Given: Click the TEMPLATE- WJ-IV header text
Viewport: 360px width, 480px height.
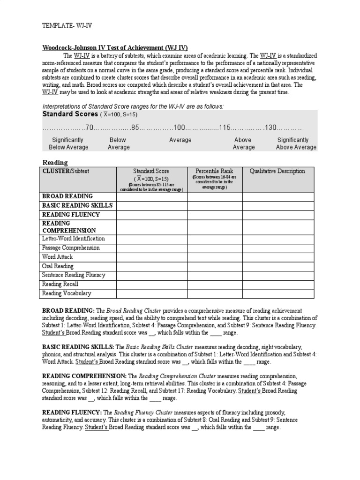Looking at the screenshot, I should [x=67, y=27].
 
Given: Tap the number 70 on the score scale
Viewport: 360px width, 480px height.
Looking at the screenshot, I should [x=90, y=127].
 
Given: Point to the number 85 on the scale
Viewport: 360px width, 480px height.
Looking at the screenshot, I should [x=135, y=127].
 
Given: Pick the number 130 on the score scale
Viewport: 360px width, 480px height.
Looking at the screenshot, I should [x=270, y=127].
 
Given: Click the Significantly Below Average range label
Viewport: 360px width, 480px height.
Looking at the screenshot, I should [x=68, y=143].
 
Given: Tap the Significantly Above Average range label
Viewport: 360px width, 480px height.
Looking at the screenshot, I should [x=296, y=143].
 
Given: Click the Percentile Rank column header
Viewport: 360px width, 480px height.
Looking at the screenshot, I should [x=214, y=171].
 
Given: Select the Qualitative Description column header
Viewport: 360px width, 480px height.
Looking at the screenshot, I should [x=277, y=171].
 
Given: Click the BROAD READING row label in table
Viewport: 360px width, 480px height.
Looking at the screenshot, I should [x=67, y=196].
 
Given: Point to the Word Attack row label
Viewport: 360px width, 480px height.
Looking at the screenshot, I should [x=58, y=257].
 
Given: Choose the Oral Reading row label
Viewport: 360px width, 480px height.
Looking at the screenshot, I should [x=58, y=266].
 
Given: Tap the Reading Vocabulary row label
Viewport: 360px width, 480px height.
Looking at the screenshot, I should [x=67, y=293].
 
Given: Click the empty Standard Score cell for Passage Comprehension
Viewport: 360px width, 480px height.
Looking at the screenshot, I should [x=152, y=248].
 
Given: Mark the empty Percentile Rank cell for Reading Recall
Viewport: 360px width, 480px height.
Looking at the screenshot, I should [x=215, y=284].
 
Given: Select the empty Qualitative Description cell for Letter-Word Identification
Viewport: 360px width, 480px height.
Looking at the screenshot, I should [x=277, y=239].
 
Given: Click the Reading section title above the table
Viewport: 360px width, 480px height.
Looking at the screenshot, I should [x=55, y=162].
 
